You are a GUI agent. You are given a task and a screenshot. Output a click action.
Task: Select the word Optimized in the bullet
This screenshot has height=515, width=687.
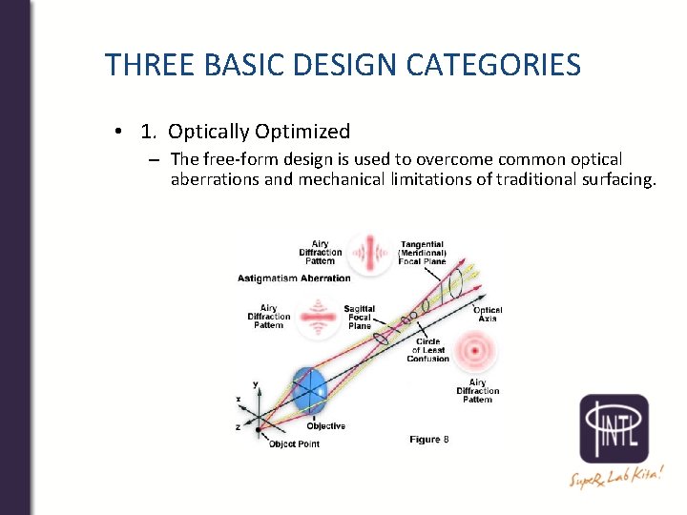click(305, 132)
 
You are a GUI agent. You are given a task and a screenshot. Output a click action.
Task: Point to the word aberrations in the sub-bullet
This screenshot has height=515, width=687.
click(218, 179)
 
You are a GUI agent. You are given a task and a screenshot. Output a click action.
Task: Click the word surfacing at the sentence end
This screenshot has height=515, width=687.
click(615, 179)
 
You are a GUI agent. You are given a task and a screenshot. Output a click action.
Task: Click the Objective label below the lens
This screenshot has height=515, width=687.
click(325, 426)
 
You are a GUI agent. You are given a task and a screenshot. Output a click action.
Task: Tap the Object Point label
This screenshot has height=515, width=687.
click(293, 443)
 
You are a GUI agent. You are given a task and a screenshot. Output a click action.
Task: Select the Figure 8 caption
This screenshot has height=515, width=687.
click(428, 439)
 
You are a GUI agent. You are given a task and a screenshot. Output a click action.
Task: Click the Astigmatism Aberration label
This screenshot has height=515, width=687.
click(294, 278)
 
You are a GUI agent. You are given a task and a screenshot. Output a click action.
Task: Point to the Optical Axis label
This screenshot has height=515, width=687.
click(488, 315)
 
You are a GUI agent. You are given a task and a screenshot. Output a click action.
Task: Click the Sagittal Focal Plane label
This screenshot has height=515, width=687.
click(360, 318)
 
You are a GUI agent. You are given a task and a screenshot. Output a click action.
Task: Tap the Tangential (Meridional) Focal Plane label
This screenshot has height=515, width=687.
click(423, 253)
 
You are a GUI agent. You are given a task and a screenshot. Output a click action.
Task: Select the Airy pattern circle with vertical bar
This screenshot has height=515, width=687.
click(368, 253)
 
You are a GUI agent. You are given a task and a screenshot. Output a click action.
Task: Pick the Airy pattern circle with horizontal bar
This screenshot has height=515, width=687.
click(319, 317)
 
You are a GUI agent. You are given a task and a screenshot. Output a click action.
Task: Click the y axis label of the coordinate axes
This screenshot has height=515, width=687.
click(255, 383)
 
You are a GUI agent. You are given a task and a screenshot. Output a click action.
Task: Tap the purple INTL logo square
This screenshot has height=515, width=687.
click(614, 428)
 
